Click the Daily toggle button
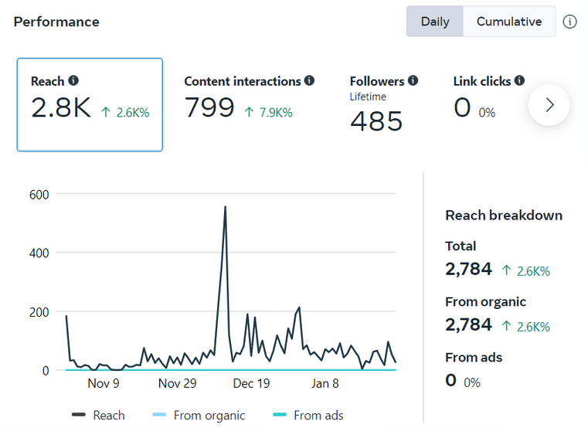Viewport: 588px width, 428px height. [x=435, y=22]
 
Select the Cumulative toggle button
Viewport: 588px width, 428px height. [x=508, y=22]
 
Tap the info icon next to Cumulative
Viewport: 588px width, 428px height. [x=570, y=22]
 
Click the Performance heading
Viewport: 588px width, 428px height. [x=56, y=22]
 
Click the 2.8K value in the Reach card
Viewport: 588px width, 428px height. [x=61, y=109]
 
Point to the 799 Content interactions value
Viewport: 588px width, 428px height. [x=209, y=109]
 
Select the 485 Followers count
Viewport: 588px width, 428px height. [x=376, y=121]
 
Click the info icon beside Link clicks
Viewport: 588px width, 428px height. [x=519, y=80]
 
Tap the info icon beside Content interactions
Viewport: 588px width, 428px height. [x=309, y=80]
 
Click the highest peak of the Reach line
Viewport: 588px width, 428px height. [x=225, y=207]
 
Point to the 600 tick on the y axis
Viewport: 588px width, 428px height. [x=39, y=194]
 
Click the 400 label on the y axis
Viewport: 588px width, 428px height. [x=39, y=253]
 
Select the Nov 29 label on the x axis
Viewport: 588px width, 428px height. [x=177, y=383]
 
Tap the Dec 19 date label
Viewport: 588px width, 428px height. [x=251, y=383]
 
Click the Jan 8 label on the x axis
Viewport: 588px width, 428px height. [x=325, y=383]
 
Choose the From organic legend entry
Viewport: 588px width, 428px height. [x=199, y=415]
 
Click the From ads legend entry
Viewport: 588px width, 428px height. [x=308, y=415]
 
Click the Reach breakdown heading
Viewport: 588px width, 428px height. [x=504, y=216]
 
